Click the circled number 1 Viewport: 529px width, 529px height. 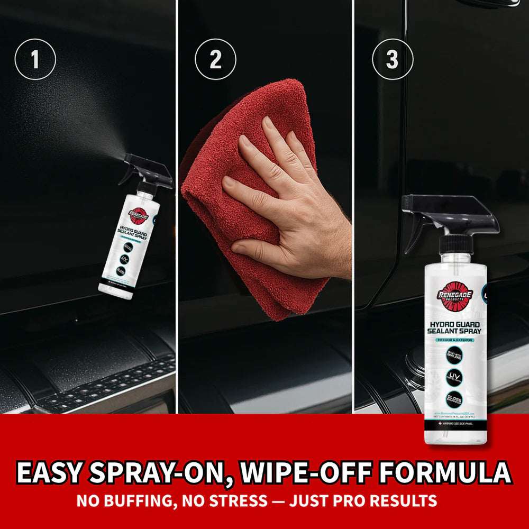click(x=35, y=60)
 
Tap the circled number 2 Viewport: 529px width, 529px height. click(x=215, y=60)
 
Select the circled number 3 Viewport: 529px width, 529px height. click(x=392, y=60)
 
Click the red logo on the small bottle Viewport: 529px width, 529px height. click(x=139, y=215)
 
